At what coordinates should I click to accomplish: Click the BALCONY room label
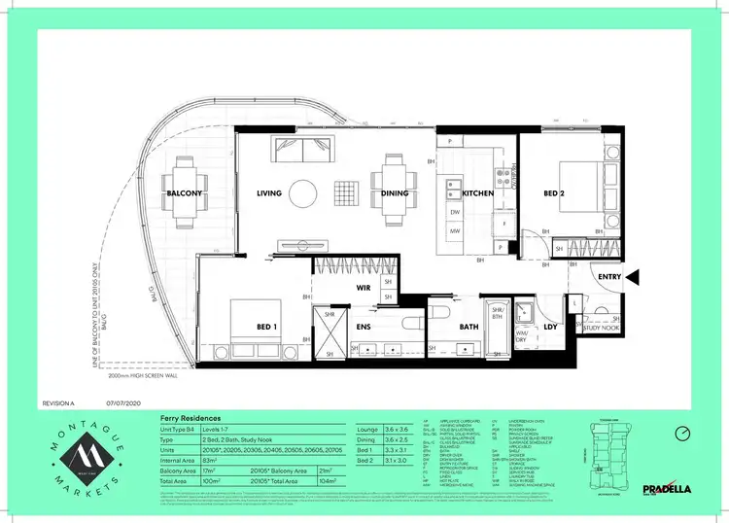pos(184,193)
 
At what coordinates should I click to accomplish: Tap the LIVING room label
pos(269,193)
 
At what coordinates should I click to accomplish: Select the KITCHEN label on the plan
pos(477,193)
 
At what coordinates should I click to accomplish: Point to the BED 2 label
pos(553,193)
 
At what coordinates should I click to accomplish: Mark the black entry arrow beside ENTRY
pos(633,278)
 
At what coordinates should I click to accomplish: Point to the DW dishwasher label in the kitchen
pos(455,212)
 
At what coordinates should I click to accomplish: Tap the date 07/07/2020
pos(124,401)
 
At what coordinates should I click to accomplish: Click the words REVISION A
pos(60,401)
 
